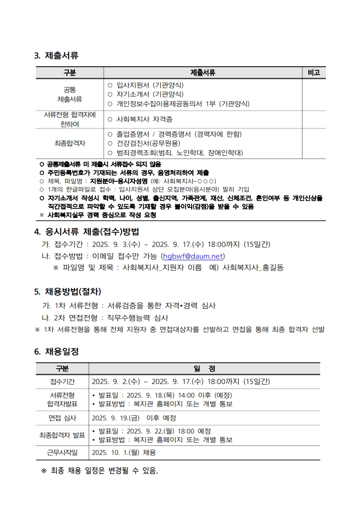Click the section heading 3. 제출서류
coord(56,56)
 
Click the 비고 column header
coord(314,73)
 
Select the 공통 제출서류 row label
coord(69,94)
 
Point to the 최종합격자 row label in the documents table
coord(69,143)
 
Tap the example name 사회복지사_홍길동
coord(253,268)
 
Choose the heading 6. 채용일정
coord(56,351)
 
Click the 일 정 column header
coord(204,368)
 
